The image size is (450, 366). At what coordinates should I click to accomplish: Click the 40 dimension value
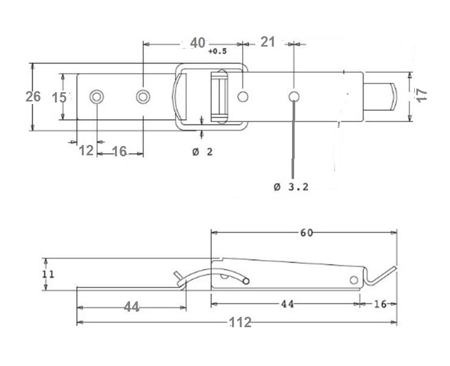(198, 43)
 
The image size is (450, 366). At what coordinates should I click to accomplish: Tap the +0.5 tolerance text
(217, 51)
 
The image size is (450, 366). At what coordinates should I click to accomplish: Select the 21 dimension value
(268, 42)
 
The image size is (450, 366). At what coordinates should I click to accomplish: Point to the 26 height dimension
(33, 96)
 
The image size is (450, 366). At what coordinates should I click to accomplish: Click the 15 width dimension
(59, 98)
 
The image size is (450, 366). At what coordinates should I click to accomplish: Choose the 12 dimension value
(86, 151)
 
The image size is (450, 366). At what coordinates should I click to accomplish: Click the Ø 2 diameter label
(202, 152)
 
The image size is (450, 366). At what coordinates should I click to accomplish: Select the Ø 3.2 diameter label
(291, 187)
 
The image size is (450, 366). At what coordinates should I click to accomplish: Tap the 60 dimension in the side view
(307, 232)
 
